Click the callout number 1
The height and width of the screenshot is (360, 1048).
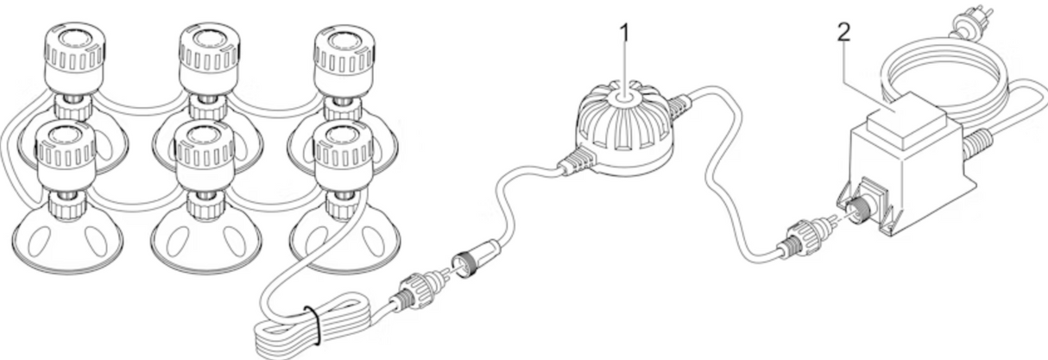click(x=623, y=33)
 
